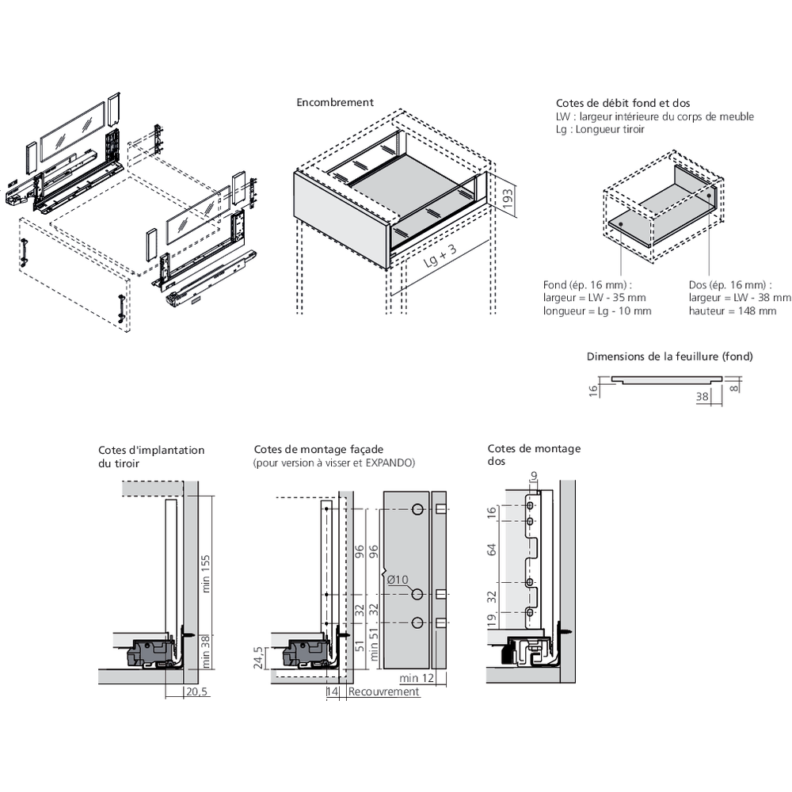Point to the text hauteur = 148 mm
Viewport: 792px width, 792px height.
733,311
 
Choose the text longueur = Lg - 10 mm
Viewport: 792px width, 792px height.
597,311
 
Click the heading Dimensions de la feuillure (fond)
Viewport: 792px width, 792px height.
669,356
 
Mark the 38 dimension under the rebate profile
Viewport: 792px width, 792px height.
702,398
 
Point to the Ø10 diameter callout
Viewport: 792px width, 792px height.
398,580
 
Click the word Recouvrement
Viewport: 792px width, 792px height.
383,691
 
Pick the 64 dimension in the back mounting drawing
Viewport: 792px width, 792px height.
492,550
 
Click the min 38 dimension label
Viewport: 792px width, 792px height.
205,652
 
